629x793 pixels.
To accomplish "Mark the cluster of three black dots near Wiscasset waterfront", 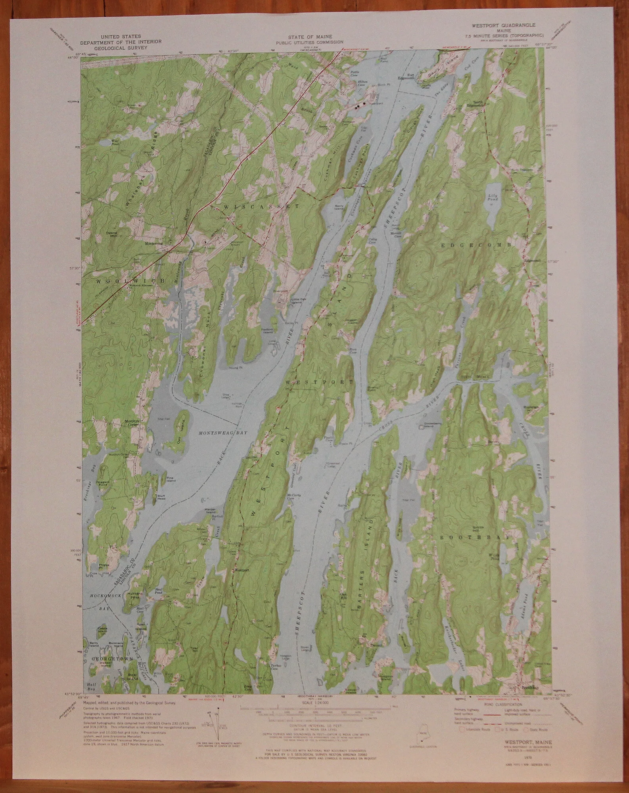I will click(x=360, y=105).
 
